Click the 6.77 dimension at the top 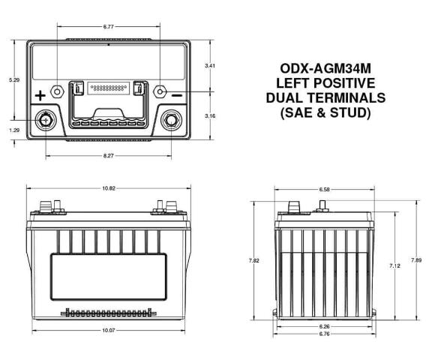click(x=108, y=27)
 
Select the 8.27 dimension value click(x=108, y=155)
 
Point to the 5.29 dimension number click(x=14, y=80)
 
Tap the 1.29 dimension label click(x=14, y=130)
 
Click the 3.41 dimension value click(x=210, y=66)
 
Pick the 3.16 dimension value click(x=210, y=116)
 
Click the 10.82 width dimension click(x=109, y=188)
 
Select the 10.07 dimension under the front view click(x=108, y=330)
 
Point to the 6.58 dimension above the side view click(x=324, y=190)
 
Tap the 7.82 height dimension click(x=253, y=260)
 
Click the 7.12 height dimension click(x=394, y=266)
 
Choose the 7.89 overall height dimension click(x=416, y=260)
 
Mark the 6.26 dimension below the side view click(x=324, y=326)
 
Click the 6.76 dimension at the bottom click(x=324, y=334)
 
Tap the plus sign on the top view click(x=40, y=96)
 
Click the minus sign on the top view click(x=177, y=95)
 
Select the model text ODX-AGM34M click(x=325, y=68)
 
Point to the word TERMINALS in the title click(x=348, y=97)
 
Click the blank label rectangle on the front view click(x=108, y=277)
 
